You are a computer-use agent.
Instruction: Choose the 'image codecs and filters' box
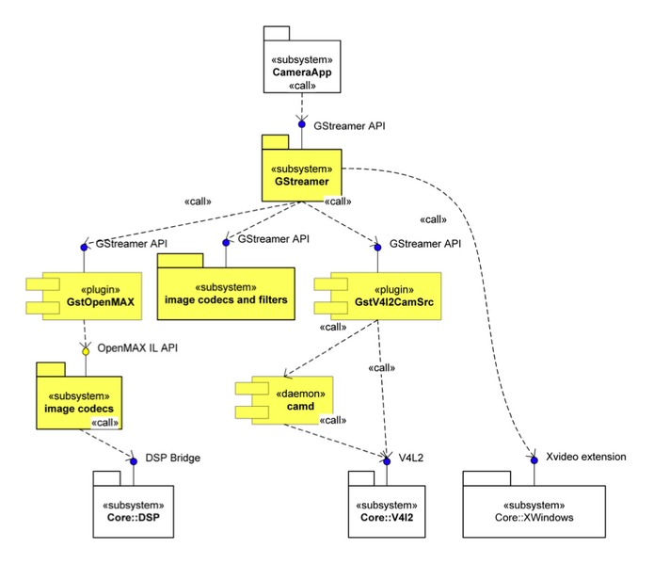(x=226, y=294)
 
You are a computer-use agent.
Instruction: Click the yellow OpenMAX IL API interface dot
(x=84, y=350)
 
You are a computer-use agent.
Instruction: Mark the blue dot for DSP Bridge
(x=135, y=459)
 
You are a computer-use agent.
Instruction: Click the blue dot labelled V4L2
(x=387, y=459)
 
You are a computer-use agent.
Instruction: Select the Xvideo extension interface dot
(x=534, y=459)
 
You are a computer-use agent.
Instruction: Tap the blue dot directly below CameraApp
(x=302, y=124)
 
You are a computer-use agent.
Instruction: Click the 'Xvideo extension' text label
(x=585, y=457)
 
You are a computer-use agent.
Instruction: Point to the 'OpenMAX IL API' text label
(x=137, y=348)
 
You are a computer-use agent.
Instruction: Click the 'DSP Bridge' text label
(x=172, y=459)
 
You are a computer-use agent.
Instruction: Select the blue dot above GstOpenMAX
(x=84, y=246)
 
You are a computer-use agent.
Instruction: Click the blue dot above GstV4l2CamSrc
(x=377, y=246)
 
